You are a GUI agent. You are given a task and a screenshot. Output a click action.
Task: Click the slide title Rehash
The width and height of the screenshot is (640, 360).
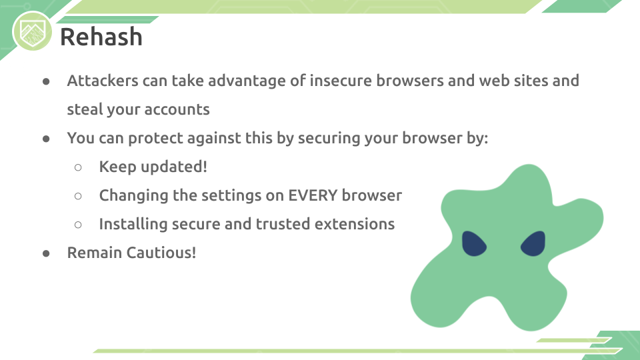point(101,37)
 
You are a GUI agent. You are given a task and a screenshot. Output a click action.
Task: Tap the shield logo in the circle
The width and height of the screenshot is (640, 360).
point(32,32)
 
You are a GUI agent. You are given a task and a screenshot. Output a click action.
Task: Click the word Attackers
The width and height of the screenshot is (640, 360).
point(103,81)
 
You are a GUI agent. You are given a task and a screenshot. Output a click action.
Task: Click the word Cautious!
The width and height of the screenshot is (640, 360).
point(161,253)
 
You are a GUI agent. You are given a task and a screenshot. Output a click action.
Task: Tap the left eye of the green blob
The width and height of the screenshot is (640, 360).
point(473,244)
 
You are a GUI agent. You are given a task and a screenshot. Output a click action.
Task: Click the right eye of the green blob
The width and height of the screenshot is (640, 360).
point(533,244)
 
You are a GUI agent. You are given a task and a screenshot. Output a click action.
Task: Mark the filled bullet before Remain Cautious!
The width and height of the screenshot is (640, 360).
point(46,253)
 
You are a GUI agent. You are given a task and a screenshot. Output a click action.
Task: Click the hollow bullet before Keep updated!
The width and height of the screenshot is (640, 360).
point(78,167)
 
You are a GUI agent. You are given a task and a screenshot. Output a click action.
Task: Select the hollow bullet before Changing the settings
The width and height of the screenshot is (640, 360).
point(78,196)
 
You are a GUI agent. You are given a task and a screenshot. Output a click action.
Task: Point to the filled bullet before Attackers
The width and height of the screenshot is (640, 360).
point(46,81)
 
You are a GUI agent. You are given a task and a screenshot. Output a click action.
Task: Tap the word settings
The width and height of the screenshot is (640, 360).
point(231,195)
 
